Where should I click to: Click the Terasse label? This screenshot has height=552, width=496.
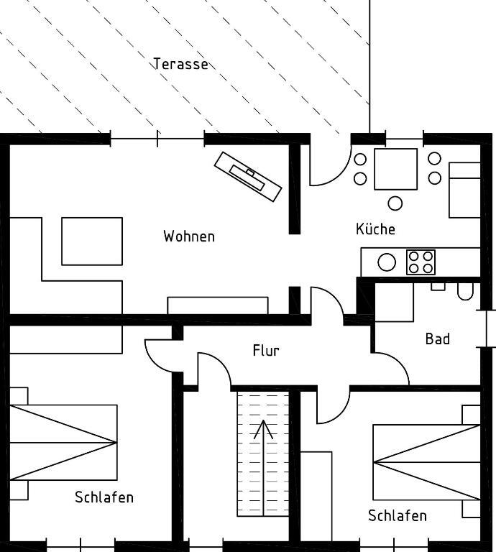click(x=180, y=64)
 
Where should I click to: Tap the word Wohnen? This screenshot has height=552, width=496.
click(x=189, y=236)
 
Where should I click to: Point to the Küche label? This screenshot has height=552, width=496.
click(x=375, y=229)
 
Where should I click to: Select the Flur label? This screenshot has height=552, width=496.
click(x=266, y=350)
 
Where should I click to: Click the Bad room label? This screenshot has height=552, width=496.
click(x=438, y=339)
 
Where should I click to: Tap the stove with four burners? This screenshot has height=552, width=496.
click(x=421, y=262)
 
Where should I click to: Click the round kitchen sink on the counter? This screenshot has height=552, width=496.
click(x=387, y=262)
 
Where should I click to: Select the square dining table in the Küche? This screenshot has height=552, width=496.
click(x=395, y=169)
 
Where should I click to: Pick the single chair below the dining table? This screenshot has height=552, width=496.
click(x=395, y=203)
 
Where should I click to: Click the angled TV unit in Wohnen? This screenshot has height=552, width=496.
click(x=248, y=177)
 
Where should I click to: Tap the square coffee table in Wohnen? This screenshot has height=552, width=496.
click(x=92, y=241)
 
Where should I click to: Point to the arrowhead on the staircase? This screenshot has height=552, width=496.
click(x=263, y=429)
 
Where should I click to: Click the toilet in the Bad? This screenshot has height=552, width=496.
click(x=465, y=291)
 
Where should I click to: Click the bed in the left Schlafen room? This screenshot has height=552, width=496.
click(x=63, y=443)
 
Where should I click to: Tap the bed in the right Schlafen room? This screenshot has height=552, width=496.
click(x=427, y=462)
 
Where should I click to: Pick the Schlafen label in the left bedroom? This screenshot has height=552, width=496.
click(x=104, y=497)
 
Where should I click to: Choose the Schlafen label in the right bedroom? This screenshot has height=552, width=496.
click(x=398, y=516)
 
